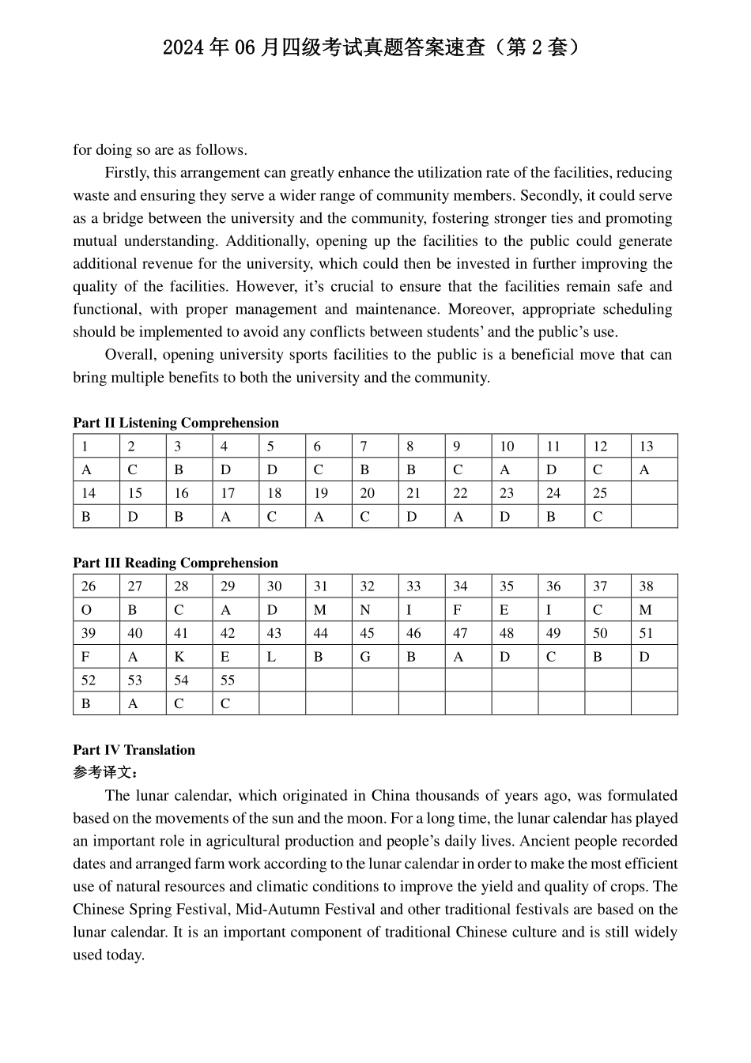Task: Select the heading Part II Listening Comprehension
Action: [x=175, y=423]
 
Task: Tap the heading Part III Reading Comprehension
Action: [x=175, y=563]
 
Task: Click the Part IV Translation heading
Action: [x=134, y=750]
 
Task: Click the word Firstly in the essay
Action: [x=126, y=173]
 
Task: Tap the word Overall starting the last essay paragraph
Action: [x=130, y=355]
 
